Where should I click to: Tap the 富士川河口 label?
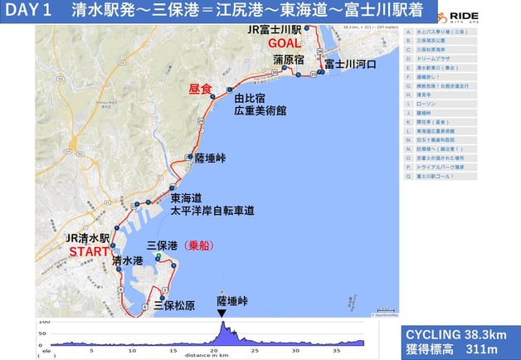[350, 64]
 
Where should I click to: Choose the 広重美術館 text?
[259, 109]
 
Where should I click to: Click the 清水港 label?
[127, 261]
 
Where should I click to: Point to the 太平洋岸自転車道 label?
[212, 211]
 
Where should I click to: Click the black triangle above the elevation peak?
[221, 313]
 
